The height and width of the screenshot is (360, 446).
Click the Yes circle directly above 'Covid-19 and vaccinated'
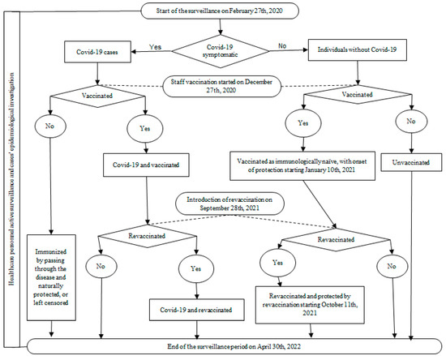click(147, 128)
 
